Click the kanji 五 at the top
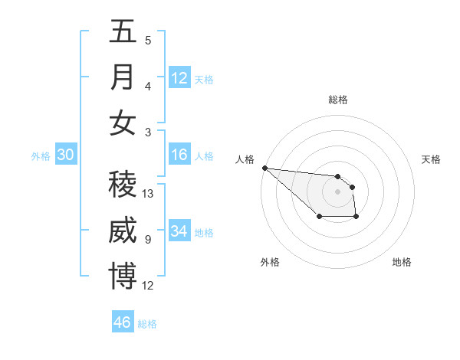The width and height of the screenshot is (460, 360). coord(123,32)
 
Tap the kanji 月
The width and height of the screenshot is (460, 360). coord(123,77)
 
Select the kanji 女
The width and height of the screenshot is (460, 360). coord(123,123)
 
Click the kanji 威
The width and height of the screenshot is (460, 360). coord(123,231)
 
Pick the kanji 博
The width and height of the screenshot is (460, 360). coord(123,276)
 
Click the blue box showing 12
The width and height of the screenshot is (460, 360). coord(179,77)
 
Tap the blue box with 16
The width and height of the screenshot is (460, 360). coord(179,154)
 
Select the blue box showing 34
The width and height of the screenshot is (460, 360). coord(179,231)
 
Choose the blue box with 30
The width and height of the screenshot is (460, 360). coord(66,155)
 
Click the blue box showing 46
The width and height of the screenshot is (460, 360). coord(123,322)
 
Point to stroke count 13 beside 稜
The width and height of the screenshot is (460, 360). coord(149,194)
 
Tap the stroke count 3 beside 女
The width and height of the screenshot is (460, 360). coord(147,133)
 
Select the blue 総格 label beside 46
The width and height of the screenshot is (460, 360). coord(147,324)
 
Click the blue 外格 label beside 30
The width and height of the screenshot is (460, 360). coord(41,156)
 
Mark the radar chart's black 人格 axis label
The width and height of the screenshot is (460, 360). coord(245,159)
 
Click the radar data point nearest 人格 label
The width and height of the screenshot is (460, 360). coord(264,168)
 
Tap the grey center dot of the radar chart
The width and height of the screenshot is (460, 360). coord(337,191)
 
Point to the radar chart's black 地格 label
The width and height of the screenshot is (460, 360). coord(402,262)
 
